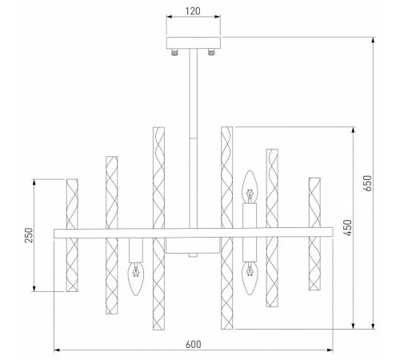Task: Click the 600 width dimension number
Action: pyautogui.click(x=192, y=344)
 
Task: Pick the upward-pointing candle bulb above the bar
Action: pyautogui.click(x=250, y=187)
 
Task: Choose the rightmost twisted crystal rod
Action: pyautogui.click(x=314, y=234)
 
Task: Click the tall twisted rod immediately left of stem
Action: pyautogui.click(x=158, y=228)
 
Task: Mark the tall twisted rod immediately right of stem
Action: pyautogui.click(x=226, y=228)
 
